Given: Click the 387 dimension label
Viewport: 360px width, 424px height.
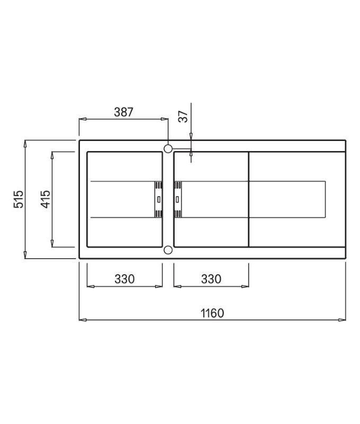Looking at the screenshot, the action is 124,112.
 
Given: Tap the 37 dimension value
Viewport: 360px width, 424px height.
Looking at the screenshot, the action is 183,117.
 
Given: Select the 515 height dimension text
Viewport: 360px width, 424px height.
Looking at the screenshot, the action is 19,199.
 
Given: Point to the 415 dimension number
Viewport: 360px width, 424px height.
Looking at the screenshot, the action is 46,199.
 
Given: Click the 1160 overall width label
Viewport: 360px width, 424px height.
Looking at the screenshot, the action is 212,313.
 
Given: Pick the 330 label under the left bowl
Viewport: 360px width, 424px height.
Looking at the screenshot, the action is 124,279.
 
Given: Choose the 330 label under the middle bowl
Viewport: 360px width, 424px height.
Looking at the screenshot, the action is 211,279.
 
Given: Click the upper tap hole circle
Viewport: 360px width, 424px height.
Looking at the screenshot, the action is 168,148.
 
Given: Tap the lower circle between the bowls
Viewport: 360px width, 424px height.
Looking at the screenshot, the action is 168,250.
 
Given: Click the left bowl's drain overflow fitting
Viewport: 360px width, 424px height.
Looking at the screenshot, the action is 158,200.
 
